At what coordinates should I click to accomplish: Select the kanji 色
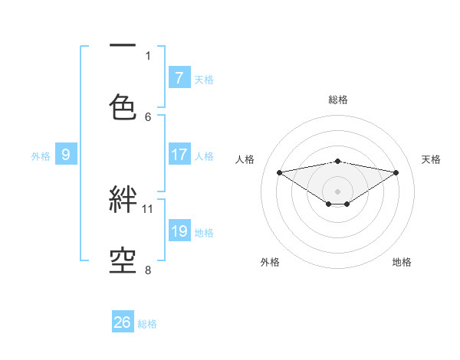(123, 106)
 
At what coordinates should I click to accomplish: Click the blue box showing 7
(179, 77)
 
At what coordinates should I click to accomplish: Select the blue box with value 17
(179, 155)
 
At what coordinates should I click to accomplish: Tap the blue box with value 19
(179, 231)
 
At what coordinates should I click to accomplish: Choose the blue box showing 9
(66, 155)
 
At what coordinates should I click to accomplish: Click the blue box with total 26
(123, 322)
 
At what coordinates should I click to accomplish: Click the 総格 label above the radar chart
(337, 100)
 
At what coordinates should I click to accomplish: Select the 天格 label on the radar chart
(431, 159)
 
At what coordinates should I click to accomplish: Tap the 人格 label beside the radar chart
(245, 159)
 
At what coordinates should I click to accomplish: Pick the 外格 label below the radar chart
(270, 262)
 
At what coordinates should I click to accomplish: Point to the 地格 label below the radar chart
(402, 262)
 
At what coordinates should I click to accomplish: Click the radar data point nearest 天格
(396, 172)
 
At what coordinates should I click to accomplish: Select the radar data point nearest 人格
(279, 172)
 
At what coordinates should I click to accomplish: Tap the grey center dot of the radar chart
(337, 191)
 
